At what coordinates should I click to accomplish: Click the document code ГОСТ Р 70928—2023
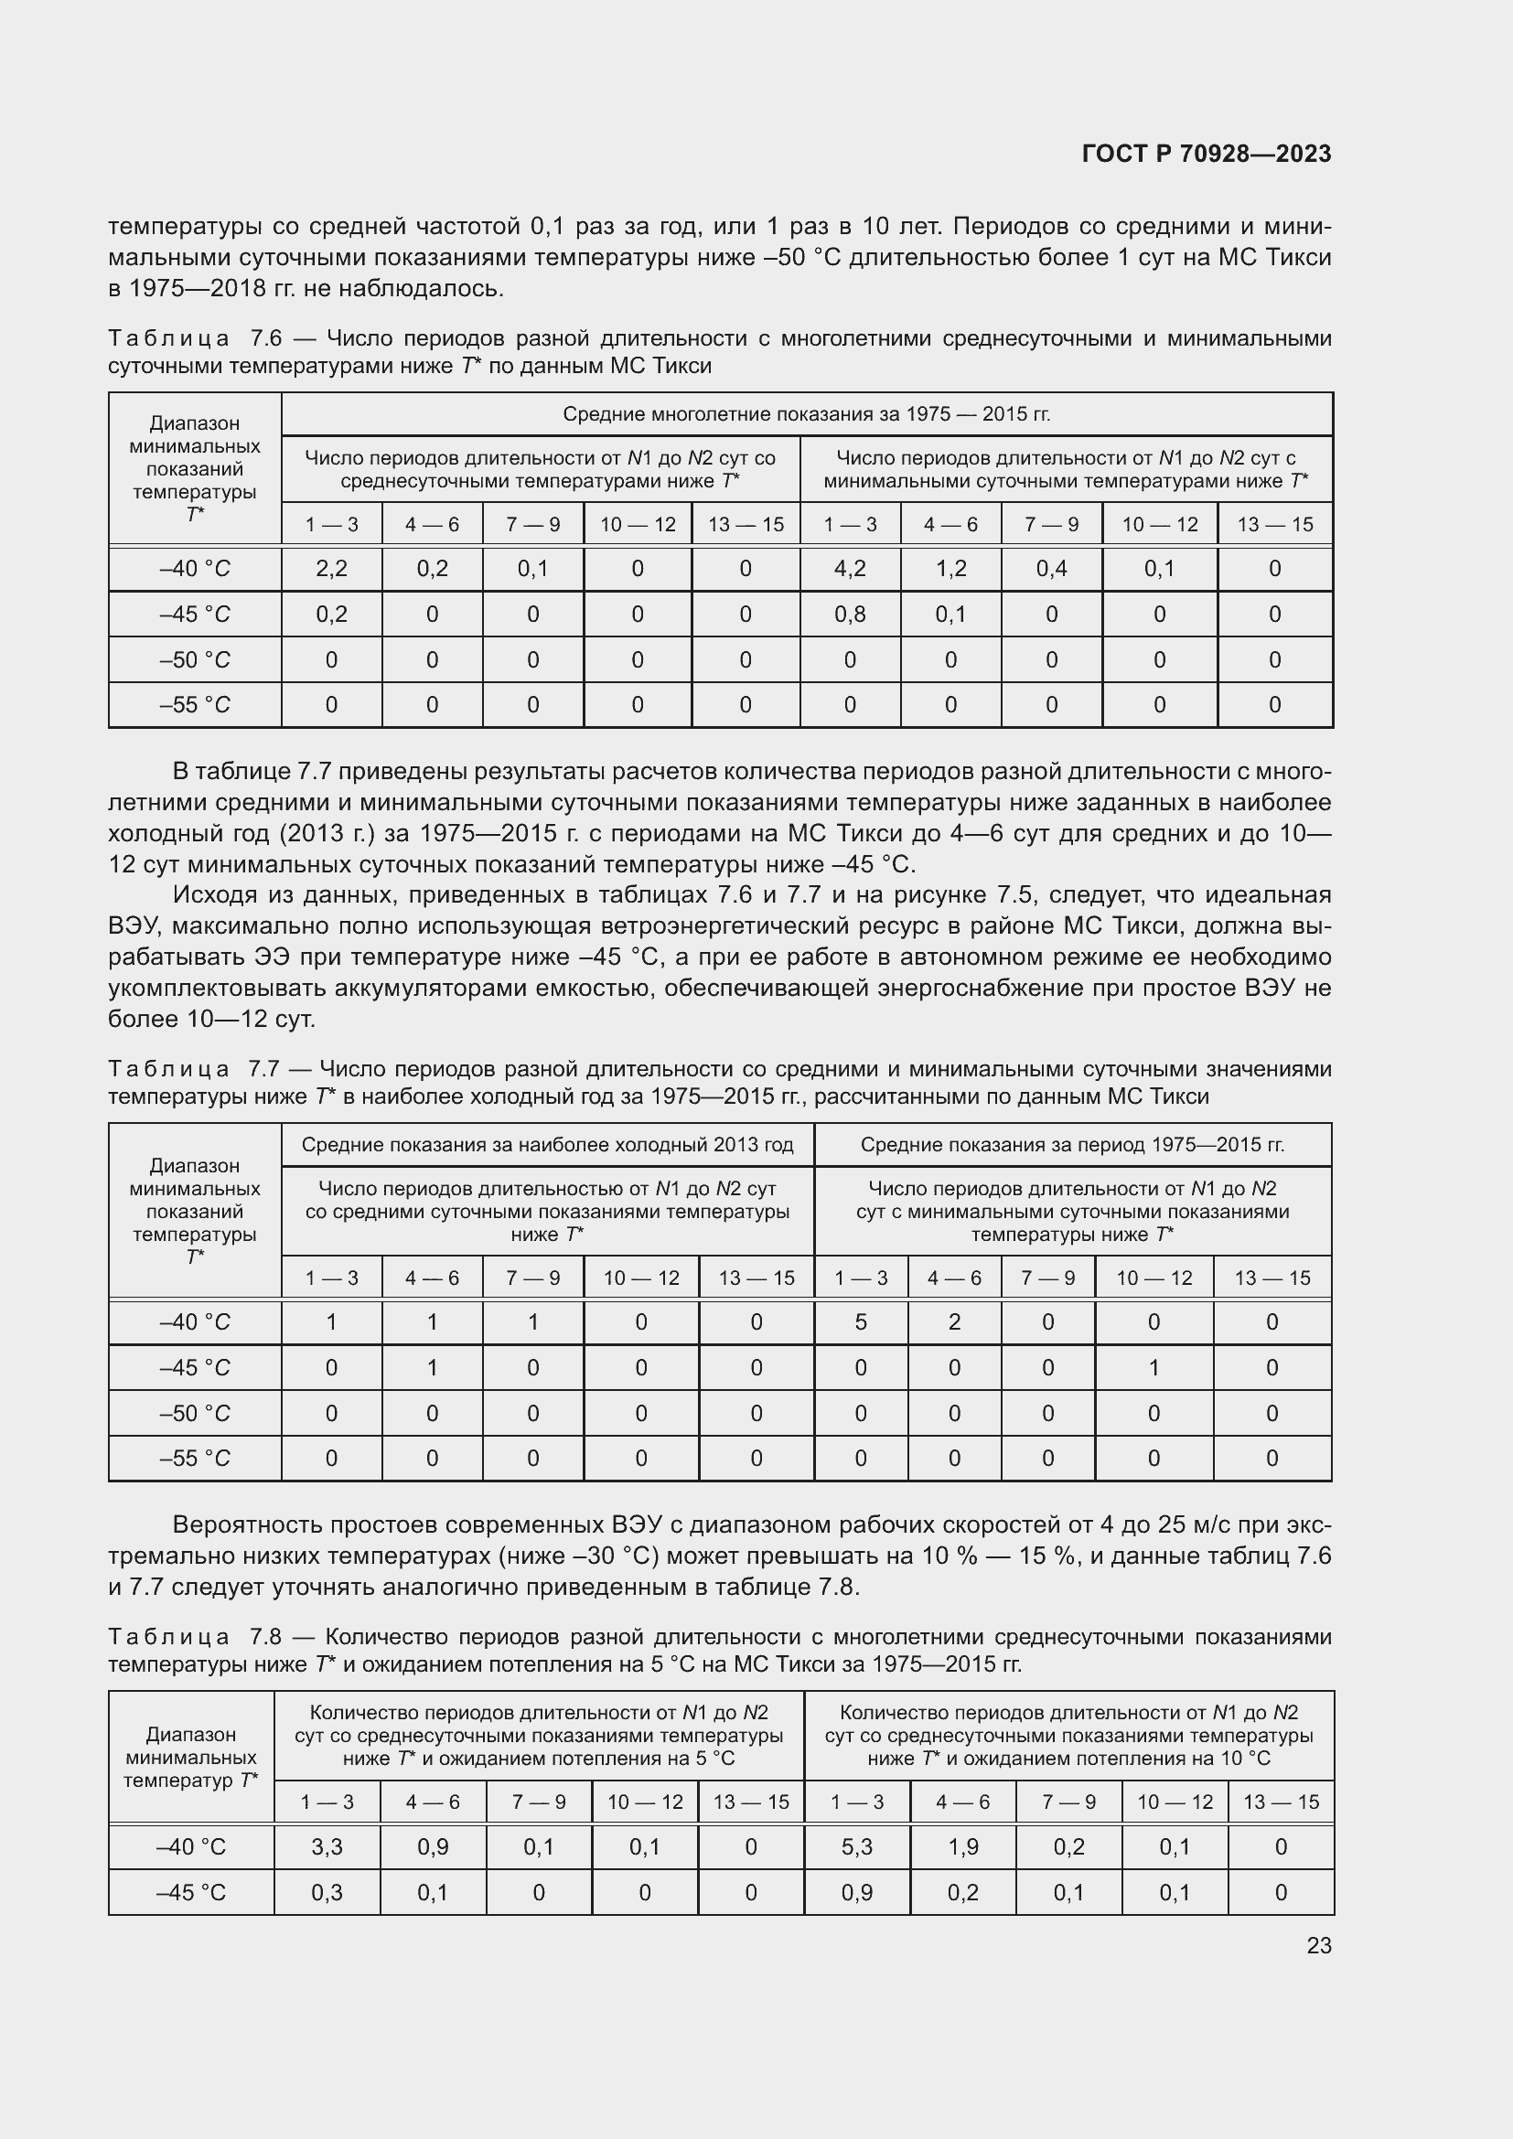point(1206,154)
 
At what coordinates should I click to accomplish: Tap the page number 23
point(1318,1945)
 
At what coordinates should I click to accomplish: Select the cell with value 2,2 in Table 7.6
point(331,568)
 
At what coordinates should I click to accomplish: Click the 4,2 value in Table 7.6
point(850,568)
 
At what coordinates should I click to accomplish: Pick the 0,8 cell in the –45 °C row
point(850,614)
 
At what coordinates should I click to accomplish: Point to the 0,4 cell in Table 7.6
point(1051,568)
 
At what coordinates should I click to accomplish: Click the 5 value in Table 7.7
point(860,1322)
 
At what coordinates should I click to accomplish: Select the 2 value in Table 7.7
point(954,1322)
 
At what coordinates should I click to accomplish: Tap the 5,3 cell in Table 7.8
point(856,1846)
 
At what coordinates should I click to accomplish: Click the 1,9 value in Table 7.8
point(962,1846)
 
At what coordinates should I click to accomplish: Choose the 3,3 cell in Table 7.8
point(327,1846)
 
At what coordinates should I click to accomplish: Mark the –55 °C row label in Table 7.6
point(194,705)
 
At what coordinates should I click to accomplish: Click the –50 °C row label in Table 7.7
point(194,1413)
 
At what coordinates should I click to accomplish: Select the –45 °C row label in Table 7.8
point(190,1892)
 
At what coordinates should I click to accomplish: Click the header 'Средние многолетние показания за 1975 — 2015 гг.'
point(806,413)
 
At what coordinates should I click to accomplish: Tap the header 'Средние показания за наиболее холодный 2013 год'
point(547,1145)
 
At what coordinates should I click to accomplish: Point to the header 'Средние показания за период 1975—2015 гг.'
point(1072,1145)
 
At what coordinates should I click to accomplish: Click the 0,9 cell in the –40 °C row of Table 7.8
point(433,1846)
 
